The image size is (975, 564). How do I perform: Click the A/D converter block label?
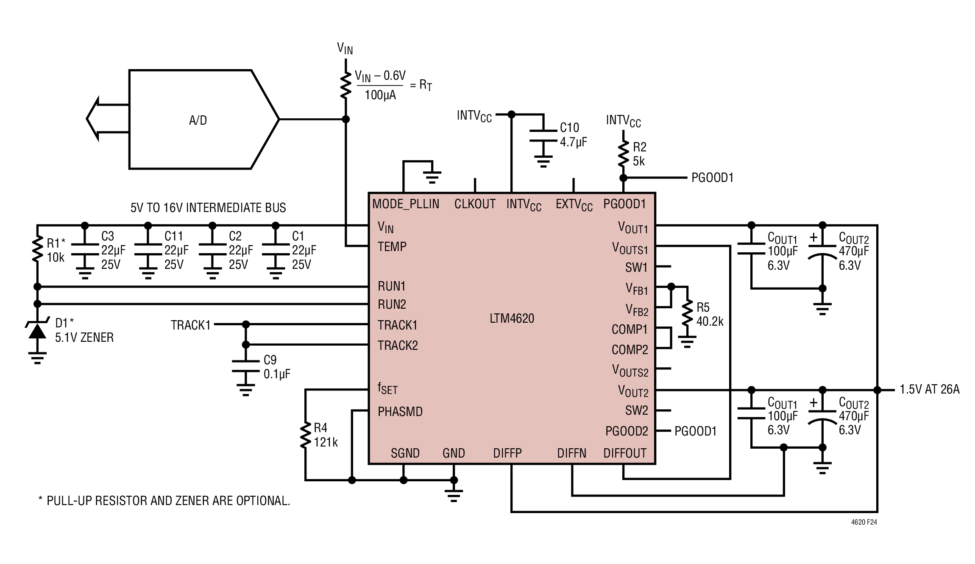198,120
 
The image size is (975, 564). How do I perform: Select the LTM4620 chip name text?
512,318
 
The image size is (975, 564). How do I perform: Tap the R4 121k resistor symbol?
305,435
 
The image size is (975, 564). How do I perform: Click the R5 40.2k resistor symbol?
687,314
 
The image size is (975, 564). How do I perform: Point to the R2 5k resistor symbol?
623,154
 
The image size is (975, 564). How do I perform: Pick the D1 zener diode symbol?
37,330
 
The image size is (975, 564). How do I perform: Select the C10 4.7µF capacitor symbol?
543,136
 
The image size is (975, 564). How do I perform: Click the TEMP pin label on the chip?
392,246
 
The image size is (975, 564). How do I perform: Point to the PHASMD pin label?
400,411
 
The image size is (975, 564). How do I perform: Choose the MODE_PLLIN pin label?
406,204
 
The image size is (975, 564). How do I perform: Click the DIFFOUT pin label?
625,453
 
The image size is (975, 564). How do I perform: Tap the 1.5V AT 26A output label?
930,389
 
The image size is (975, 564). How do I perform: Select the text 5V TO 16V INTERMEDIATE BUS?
208,207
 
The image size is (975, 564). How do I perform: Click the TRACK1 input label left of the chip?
191,325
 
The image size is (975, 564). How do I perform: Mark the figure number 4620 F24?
864,522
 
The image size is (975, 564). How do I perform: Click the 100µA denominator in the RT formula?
380,95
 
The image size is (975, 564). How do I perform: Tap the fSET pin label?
387,389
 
